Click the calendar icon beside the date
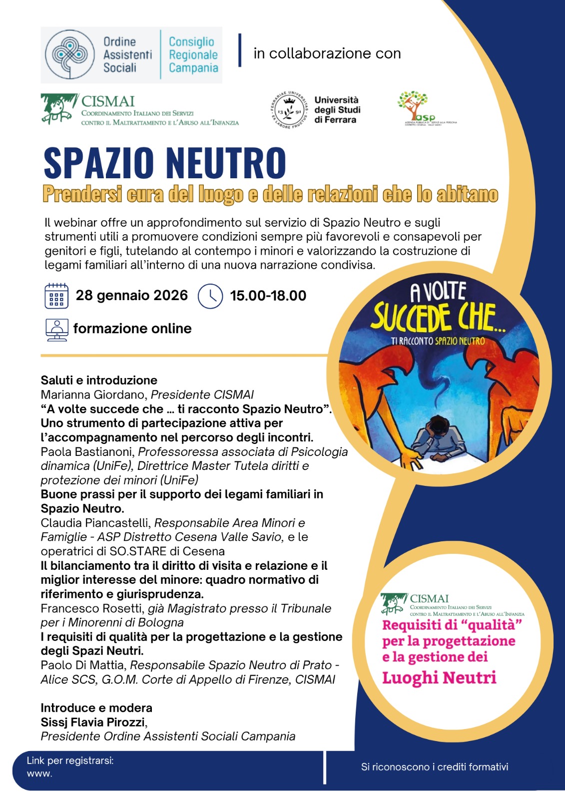(x=56, y=296)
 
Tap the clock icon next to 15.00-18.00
(x=210, y=296)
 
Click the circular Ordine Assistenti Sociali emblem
(x=70, y=54)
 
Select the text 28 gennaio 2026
(x=132, y=296)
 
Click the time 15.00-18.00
(x=268, y=296)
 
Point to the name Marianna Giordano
(x=93, y=395)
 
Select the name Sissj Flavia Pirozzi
(x=93, y=722)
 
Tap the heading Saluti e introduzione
(x=99, y=380)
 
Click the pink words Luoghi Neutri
(x=439, y=678)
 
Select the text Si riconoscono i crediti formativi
(x=435, y=767)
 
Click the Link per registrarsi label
(x=70, y=761)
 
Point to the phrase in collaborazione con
(x=327, y=53)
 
